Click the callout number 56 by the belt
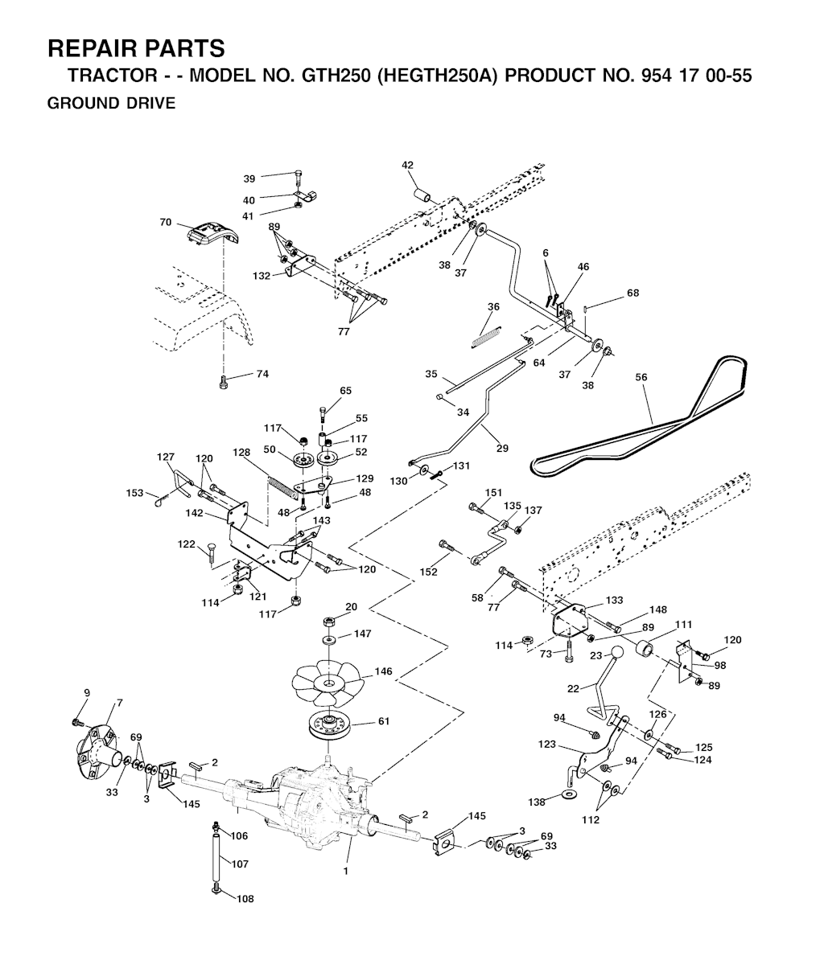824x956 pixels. [x=641, y=377]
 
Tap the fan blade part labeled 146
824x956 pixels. [x=327, y=681]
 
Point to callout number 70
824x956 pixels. [x=166, y=223]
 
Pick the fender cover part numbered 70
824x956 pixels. [x=211, y=235]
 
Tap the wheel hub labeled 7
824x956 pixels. [x=96, y=745]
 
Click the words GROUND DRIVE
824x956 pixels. [x=111, y=103]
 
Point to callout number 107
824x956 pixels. [x=240, y=864]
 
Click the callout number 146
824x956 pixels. [x=383, y=671]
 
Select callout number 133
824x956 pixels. [x=614, y=600]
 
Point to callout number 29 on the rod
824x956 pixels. [x=502, y=448]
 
